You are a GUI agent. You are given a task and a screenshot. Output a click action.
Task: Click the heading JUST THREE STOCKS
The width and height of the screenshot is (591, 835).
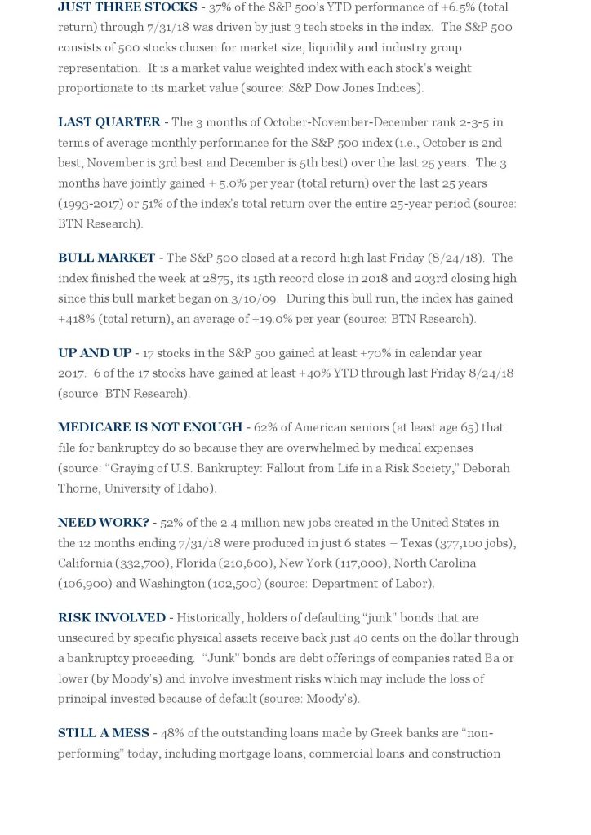(x=127, y=7)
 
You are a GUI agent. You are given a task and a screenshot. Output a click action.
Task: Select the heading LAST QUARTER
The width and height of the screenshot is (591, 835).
(x=109, y=122)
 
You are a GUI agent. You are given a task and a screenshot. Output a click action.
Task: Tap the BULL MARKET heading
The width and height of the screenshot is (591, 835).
(x=106, y=258)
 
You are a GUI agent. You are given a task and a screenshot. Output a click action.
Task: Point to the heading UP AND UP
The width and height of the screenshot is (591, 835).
(x=95, y=353)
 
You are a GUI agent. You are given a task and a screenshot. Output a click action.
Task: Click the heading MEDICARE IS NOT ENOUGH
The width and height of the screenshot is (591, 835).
(x=150, y=427)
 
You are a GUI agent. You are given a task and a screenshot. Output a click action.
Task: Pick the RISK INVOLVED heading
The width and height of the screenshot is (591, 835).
(x=112, y=618)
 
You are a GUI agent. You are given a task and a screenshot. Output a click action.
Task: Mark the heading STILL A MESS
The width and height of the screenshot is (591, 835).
(x=104, y=733)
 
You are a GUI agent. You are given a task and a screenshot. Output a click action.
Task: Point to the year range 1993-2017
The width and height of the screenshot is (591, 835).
(x=94, y=204)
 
